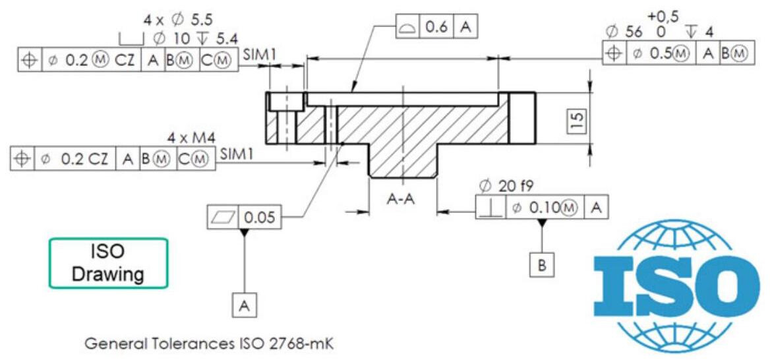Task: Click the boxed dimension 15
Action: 576,120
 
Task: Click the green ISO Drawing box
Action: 108,262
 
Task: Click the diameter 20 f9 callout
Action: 506,187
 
